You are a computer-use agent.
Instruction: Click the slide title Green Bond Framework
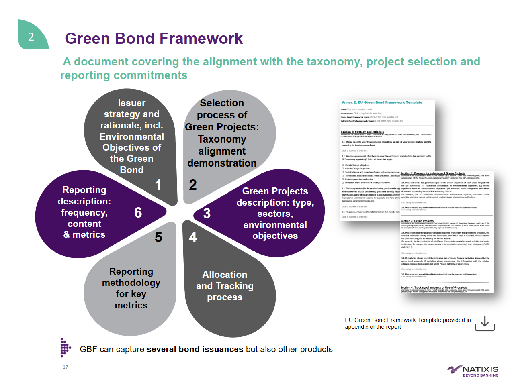click(154, 39)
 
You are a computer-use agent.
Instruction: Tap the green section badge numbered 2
click(31, 37)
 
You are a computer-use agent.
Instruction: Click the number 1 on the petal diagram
click(158, 185)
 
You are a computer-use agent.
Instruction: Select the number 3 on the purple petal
click(207, 213)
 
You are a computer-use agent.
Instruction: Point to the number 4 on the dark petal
click(193, 237)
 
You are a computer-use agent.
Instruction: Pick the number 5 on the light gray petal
click(158, 237)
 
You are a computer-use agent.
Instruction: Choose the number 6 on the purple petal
click(138, 212)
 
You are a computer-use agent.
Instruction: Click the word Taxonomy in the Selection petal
click(222, 139)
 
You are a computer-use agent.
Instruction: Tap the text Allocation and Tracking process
click(225, 286)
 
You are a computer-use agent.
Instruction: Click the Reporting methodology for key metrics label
click(131, 288)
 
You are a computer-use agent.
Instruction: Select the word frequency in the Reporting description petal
click(84, 212)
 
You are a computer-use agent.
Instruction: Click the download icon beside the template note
click(485, 323)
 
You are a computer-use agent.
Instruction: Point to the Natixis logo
click(473, 371)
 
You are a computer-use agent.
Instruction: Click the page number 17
click(66, 367)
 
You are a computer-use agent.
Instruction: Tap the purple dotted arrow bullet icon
click(65, 347)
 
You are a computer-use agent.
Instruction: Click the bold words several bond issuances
click(195, 349)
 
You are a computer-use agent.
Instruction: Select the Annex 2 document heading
click(382, 102)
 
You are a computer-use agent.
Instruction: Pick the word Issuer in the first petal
click(132, 103)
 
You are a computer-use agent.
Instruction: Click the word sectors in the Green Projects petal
click(275, 214)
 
